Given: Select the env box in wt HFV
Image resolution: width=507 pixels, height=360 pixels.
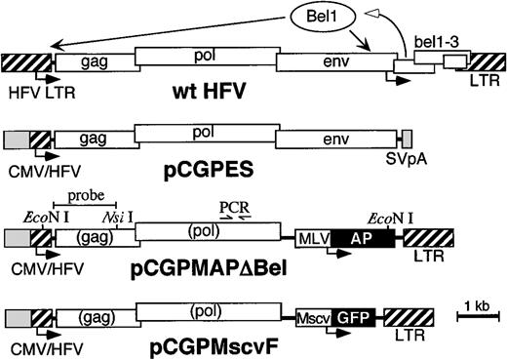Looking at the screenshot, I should coord(331,61).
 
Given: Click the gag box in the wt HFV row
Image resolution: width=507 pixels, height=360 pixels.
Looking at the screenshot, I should coord(94,61).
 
